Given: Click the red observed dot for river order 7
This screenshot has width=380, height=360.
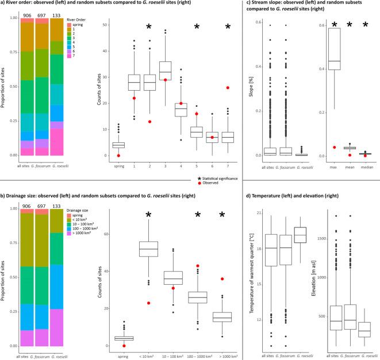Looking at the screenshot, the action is (228, 88).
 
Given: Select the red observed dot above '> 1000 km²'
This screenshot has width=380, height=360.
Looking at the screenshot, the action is (222, 279).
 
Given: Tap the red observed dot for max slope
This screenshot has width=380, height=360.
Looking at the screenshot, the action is (335, 147).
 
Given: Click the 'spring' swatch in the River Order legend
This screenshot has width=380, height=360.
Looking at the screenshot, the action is (69, 25).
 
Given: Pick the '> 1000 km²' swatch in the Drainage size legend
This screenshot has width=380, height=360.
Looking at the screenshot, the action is (69, 233).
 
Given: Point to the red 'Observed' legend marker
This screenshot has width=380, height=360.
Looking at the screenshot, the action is (199, 183).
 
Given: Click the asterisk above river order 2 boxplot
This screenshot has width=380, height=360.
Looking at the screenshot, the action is (149, 26).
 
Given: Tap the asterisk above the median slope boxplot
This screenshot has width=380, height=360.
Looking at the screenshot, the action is (366, 25).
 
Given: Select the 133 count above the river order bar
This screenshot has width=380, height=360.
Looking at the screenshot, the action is (56, 16).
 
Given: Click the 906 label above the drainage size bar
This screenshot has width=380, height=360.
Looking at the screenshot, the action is (26, 206).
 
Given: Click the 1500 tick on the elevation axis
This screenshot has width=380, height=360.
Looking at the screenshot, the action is (321, 239).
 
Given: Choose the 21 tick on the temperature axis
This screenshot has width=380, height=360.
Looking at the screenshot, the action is (259, 213).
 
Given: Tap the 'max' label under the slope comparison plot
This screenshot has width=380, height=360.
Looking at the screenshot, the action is (333, 167).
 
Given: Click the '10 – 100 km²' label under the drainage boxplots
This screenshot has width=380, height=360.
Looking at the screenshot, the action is (172, 357).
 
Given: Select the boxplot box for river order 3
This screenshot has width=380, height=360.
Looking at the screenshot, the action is (166, 71).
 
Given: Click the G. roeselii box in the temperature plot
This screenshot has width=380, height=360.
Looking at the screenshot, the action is (300, 235).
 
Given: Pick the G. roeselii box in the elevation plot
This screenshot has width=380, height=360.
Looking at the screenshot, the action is (364, 330).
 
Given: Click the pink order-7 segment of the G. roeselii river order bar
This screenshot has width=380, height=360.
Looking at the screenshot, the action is (57, 142).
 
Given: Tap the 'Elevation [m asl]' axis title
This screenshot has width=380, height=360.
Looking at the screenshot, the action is (313, 278).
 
